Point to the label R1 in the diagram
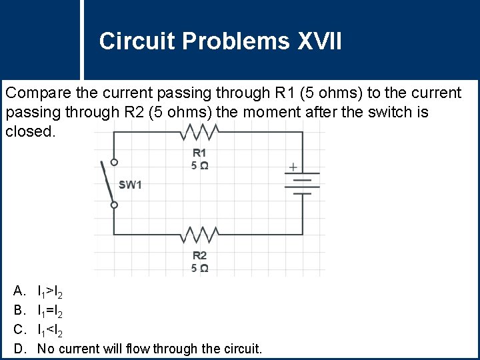[199, 153]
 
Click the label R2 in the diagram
[199, 255]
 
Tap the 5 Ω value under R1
[199, 165]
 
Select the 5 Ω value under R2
[199, 268]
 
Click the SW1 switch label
[131, 185]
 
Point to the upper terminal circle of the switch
[114, 162]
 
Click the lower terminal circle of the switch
[114, 205]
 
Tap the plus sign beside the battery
[292, 167]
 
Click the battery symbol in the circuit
[303, 183]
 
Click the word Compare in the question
[33, 93]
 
